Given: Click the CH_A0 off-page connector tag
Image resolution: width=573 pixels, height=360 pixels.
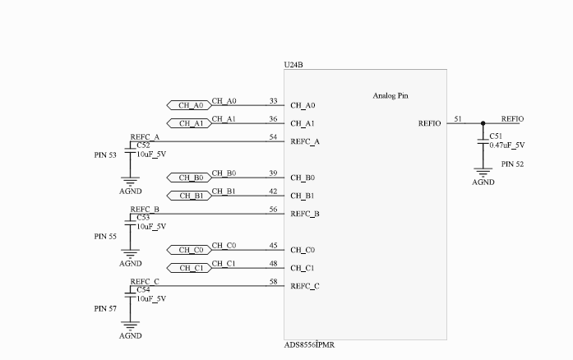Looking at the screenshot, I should (x=188, y=105).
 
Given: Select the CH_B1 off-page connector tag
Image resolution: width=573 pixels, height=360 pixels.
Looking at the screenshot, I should (x=188, y=196).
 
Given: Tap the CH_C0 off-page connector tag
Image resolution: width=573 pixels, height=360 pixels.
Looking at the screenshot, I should (x=188, y=250).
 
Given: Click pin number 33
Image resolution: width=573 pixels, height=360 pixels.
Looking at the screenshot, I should (x=273, y=101).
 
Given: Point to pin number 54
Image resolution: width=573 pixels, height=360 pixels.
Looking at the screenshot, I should (x=273, y=137).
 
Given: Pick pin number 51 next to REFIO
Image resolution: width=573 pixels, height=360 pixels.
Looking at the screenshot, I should (x=458, y=119).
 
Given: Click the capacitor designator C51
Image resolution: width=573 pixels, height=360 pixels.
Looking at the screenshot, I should (x=496, y=136).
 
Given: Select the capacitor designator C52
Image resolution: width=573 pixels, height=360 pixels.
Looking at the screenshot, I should (x=144, y=145).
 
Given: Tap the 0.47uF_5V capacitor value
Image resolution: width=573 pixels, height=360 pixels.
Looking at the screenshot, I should (x=507, y=145).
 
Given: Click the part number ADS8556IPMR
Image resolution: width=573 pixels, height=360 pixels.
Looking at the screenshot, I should (x=309, y=345).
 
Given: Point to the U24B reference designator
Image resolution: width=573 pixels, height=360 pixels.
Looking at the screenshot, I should (x=293, y=64).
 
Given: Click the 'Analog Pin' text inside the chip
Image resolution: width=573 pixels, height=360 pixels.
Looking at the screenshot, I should (x=390, y=96).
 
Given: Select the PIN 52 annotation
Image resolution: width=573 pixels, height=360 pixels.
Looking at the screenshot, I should (x=512, y=164).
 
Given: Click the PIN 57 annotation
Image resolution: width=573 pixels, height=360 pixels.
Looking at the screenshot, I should (x=105, y=308).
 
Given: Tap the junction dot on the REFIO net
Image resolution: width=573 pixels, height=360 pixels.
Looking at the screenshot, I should (x=483, y=123).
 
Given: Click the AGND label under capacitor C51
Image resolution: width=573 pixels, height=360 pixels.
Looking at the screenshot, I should (x=483, y=182).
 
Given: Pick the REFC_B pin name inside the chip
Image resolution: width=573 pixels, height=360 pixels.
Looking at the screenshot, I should (x=305, y=214).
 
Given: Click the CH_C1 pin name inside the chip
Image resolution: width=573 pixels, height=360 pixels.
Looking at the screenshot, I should (x=303, y=268).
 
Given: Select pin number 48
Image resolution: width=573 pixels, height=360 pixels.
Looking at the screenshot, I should (x=273, y=264).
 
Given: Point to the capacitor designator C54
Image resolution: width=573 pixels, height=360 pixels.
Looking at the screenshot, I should (x=144, y=290).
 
